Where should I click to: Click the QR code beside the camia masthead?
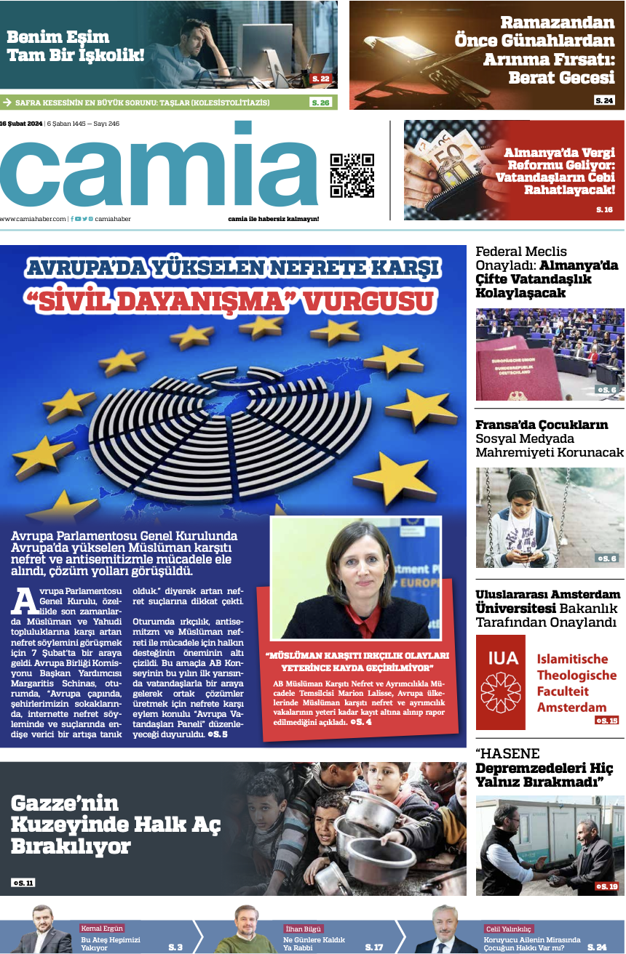click(352, 175)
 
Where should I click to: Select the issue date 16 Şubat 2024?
click(22, 124)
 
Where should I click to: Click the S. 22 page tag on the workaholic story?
click(321, 79)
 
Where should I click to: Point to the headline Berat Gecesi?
click(561, 78)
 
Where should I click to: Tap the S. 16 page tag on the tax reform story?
click(604, 210)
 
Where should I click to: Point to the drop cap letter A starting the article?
click(25, 600)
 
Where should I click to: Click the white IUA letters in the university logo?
click(503, 658)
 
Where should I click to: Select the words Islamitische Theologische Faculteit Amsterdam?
click(575, 683)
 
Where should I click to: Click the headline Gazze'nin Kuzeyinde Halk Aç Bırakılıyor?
click(116, 825)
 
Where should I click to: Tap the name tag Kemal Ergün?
click(103, 929)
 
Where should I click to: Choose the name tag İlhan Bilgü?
click(304, 929)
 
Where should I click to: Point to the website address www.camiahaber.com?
click(33, 219)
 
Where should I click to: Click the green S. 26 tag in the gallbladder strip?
click(320, 103)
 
